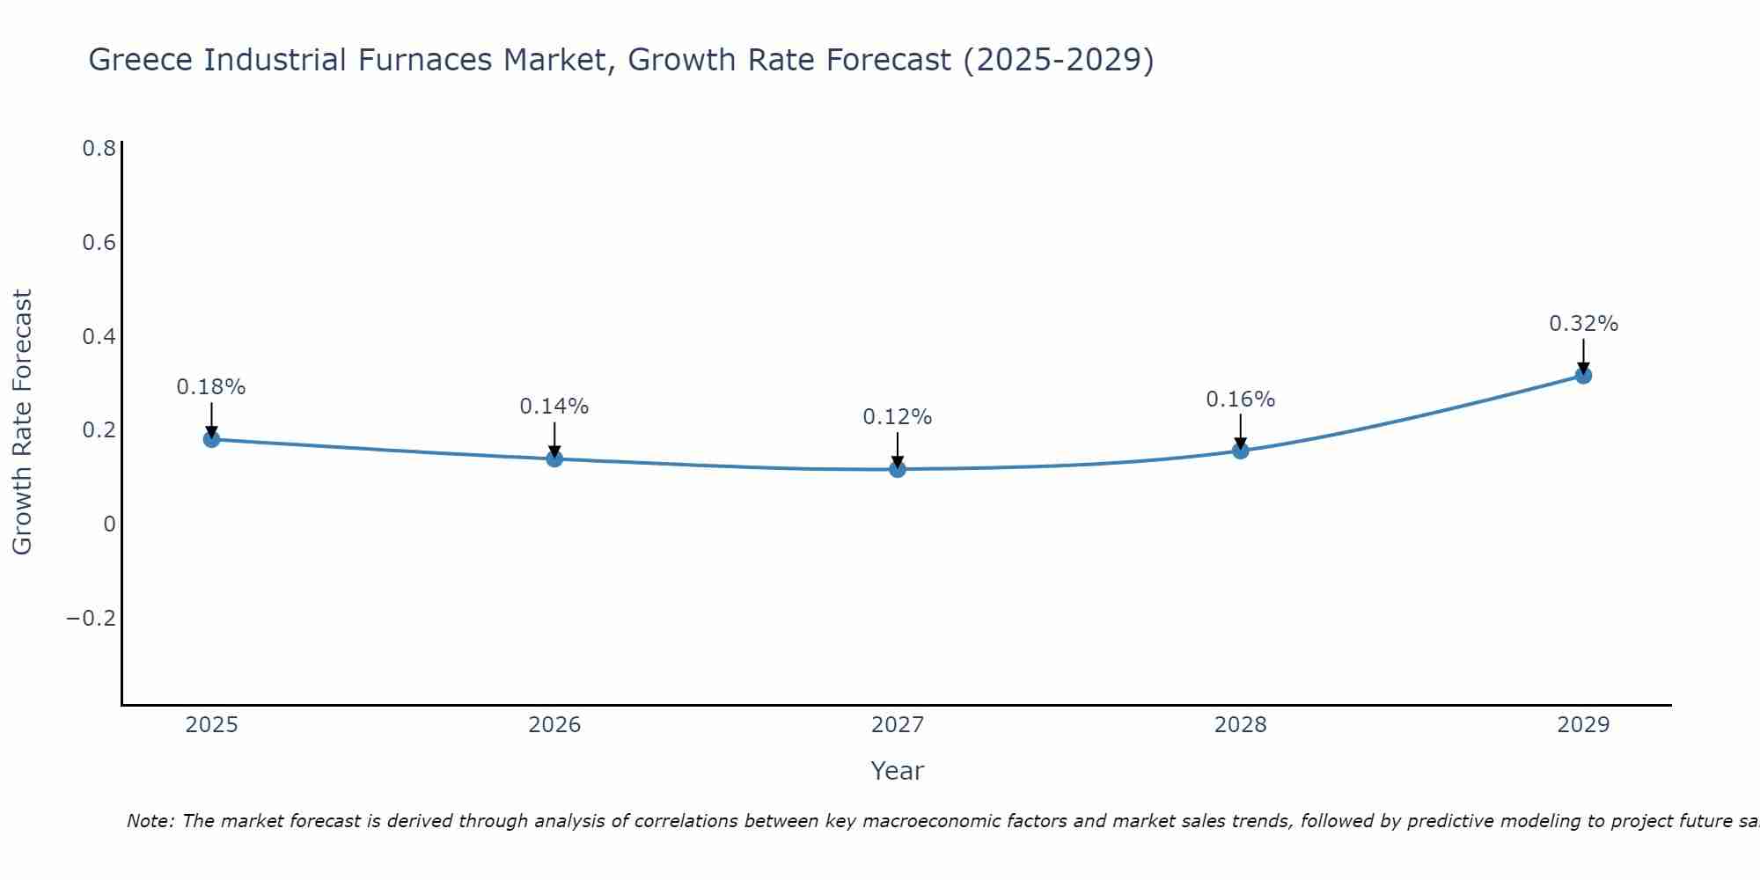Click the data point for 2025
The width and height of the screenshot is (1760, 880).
click(x=211, y=438)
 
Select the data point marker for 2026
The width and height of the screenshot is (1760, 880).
click(x=554, y=458)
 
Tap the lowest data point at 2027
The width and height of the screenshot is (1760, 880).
click(x=898, y=469)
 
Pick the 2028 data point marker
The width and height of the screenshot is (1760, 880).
click(x=1241, y=451)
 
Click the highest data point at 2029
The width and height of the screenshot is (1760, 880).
click(x=1583, y=375)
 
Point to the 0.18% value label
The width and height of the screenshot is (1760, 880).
click(x=211, y=387)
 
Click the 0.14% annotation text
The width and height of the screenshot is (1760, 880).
click(x=554, y=407)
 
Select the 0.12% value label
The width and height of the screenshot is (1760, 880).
click(x=898, y=417)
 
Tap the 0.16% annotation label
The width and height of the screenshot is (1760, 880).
click(x=1241, y=400)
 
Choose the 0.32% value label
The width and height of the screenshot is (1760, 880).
click(x=1583, y=324)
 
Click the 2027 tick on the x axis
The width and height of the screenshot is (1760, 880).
click(x=898, y=725)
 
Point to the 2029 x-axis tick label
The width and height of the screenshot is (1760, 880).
click(x=1583, y=725)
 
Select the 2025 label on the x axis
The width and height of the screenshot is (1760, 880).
click(x=212, y=725)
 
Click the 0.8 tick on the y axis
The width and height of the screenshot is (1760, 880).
click(x=99, y=149)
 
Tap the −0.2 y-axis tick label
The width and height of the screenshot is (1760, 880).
click(x=91, y=619)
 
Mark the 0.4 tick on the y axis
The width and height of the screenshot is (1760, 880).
click(x=99, y=336)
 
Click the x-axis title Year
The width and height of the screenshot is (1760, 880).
click(x=898, y=771)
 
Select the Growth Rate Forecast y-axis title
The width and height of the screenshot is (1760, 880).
click(x=22, y=422)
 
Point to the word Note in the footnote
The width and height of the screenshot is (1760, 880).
click(x=150, y=821)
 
